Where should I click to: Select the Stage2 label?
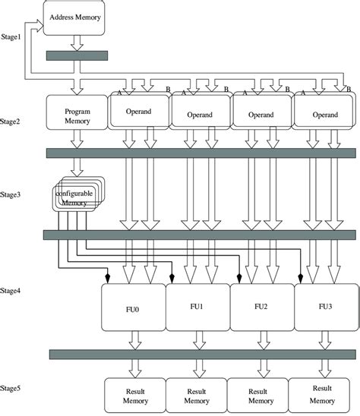pos(14,121)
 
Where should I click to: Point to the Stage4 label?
pos(14,291)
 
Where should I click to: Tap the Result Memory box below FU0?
pos(134,395)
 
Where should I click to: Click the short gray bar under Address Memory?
pos(77,55)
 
